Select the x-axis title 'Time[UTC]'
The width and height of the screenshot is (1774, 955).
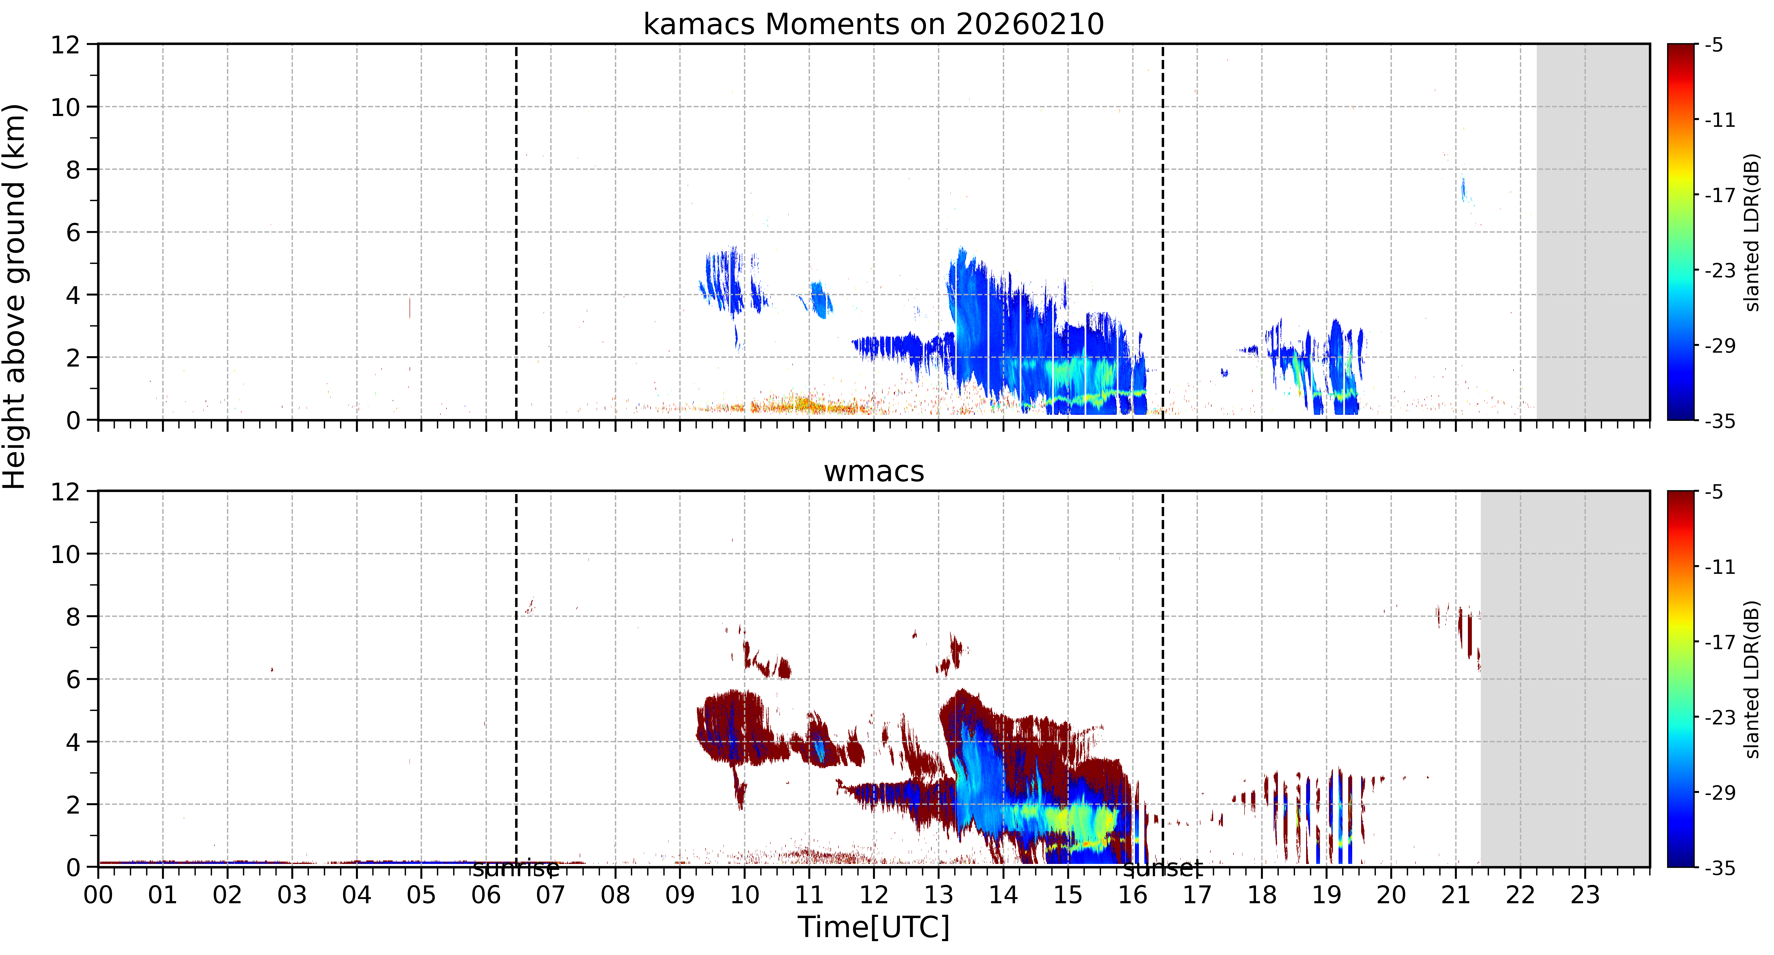coord(873,927)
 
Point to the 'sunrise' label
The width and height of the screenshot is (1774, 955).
coord(515,869)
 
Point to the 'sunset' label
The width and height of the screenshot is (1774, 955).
coord(1162,869)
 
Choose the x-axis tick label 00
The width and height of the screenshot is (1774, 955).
coord(99,895)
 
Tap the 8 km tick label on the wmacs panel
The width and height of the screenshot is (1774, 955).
coord(73,617)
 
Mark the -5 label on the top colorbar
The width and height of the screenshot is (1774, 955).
coord(1715,45)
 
